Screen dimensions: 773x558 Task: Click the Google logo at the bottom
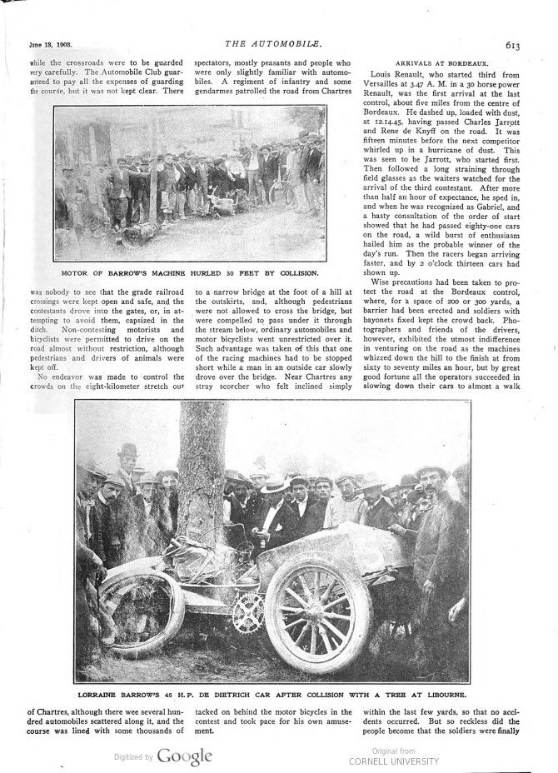click(x=184, y=756)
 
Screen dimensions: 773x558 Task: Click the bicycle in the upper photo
click(x=282, y=191)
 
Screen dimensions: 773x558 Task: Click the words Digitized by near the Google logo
click(x=132, y=758)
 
